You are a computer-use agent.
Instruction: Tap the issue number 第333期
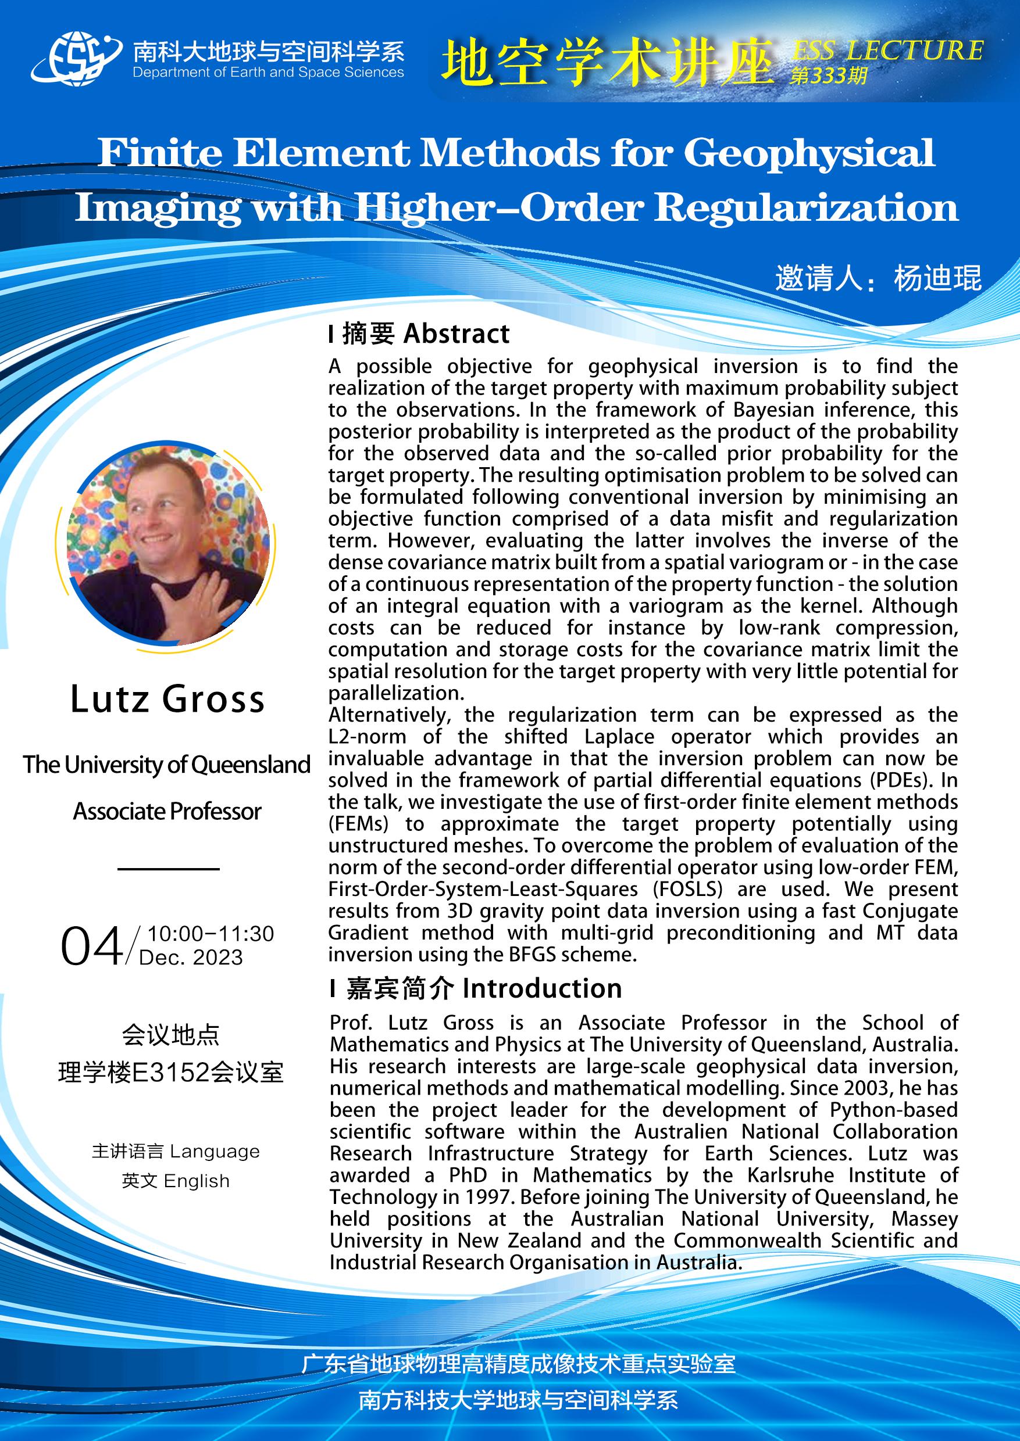coord(829,77)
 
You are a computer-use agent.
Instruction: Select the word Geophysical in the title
coord(809,152)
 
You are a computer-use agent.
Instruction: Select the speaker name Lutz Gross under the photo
coord(167,699)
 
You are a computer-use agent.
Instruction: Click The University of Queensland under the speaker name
coord(167,765)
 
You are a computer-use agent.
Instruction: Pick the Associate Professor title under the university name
coord(167,812)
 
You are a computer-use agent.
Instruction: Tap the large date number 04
coord(92,947)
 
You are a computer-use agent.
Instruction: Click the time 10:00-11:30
coord(211,934)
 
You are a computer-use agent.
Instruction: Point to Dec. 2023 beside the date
coord(191,958)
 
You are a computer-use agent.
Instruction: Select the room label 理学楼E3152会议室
coord(171,1073)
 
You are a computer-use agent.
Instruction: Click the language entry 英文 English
coord(176,1181)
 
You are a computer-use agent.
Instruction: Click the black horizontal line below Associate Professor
coord(168,869)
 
